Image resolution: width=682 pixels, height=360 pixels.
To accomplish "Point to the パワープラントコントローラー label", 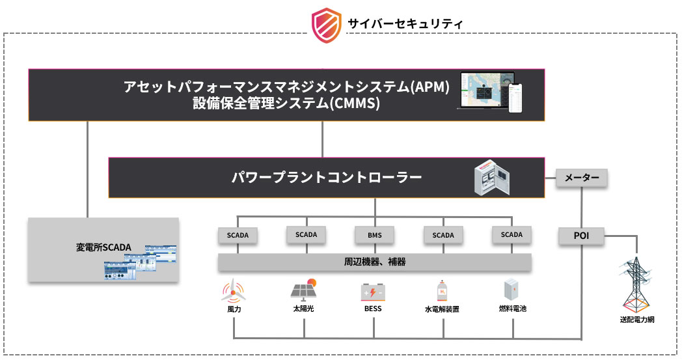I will pos(326,176).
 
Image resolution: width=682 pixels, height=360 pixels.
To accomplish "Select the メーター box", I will pos(582,178).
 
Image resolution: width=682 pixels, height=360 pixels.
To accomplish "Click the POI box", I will pos(582,236).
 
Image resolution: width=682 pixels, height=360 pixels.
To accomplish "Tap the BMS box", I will pos(374,235).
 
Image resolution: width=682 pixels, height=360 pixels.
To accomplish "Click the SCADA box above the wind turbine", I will pos(237,235).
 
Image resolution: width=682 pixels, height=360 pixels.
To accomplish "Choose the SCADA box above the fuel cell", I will pos(511,234).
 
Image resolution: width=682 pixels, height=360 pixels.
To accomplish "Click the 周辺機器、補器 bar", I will pos(374,262).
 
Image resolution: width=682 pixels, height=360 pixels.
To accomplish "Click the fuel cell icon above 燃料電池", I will pos(510,290).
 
